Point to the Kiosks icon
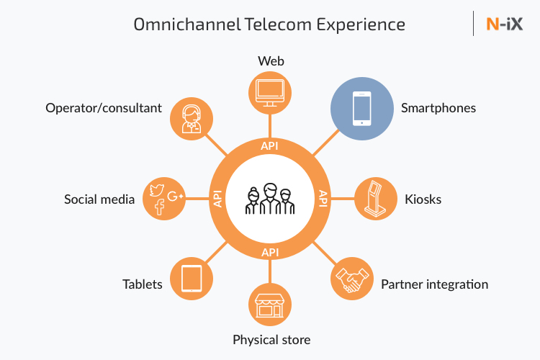pyautogui.click(x=375, y=199)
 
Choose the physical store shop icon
pyautogui.click(x=270, y=304)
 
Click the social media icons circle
pyautogui.click(x=165, y=199)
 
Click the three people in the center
pyautogui.click(x=270, y=199)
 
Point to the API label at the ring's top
pyautogui.click(x=270, y=145)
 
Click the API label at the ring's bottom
pyautogui.click(x=270, y=253)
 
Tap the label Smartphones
pyautogui.click(x=438, y=109)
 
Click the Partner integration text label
pyautogui.click(x=434, y=284)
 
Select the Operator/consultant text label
pyautogui.click(x=104, y=108)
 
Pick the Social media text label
pyautogui.click(x=99, y=199)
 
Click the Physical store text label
pyautogui.click(x=271, y=339)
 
